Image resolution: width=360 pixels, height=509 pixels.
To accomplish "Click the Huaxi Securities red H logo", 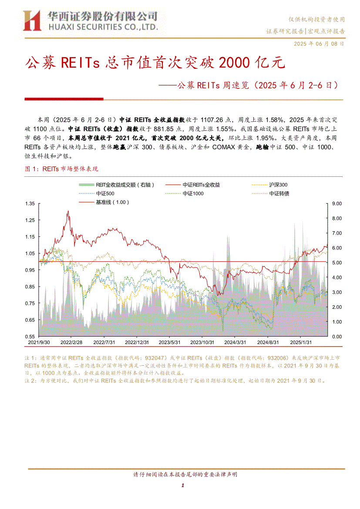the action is coord(32,20).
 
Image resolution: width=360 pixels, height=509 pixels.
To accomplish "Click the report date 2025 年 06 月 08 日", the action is coord(319,44).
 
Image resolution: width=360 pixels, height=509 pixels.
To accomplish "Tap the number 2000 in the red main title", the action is coord(234,63).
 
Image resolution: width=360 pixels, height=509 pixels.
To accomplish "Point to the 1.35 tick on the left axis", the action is coord(30,203).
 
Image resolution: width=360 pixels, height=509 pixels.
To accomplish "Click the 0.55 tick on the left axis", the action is coord(30,337).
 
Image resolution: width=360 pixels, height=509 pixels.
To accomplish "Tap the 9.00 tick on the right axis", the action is coord(337,203).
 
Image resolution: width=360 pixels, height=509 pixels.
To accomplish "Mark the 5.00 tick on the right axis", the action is coord(337,263).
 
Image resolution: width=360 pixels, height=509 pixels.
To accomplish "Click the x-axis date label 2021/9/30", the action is coord(39,343).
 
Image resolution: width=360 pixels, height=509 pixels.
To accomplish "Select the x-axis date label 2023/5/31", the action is coord(169,343).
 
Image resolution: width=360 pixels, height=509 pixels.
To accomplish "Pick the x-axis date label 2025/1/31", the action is coord(301,343).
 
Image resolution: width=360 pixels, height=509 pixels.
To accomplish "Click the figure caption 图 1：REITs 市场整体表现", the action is coord(61,169).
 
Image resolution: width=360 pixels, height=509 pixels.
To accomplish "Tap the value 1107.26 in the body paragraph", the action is coord(212,120).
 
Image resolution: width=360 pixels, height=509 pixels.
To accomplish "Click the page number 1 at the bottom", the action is coord(183,485).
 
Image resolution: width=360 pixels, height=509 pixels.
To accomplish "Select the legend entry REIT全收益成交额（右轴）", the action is coord(117,185).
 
